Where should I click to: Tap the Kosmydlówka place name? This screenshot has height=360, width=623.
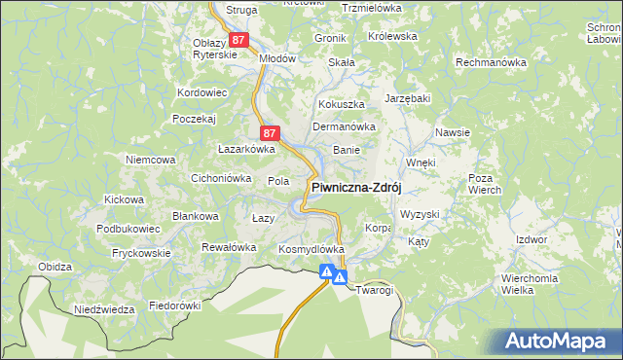[x=311, y=249]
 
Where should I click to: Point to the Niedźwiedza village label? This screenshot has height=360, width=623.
[x=104, y=309]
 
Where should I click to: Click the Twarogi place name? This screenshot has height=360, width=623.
[x=374, y=291]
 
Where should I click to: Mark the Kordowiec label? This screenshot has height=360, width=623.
[x=202, y=93]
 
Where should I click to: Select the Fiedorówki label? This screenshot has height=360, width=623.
[x=174, y=305]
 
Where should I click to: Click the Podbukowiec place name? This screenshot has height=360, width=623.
[x=128, y=229]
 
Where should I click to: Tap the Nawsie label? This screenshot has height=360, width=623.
[x=454, y=132]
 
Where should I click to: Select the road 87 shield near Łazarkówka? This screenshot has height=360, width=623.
[x=271, y=132]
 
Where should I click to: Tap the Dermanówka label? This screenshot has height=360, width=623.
[x=344, y=126]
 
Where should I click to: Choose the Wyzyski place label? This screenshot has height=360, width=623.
[x=421, y=213]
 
